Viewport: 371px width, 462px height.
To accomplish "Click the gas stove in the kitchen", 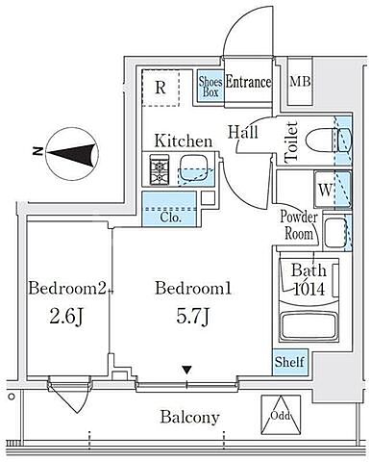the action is (x=160, y=169).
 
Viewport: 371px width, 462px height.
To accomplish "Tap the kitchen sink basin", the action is (x=193, y=169).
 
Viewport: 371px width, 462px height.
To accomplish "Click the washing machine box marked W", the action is (x=325, y=190).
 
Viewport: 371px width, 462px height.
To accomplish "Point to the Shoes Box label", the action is (x=210, y=87).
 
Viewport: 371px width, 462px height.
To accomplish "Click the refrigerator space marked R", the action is (x=161, y=88).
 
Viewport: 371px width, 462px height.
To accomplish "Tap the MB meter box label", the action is (x=300, y=82).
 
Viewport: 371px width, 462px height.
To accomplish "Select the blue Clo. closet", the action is (x=169, y=209).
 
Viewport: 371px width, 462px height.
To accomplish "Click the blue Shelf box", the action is (x=289, y=362).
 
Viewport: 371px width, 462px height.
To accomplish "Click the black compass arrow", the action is (x=72, y=155).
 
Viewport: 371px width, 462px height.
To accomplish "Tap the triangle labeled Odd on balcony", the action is (x=281, y=415).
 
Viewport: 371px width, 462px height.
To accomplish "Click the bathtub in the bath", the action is (x=309, y=324).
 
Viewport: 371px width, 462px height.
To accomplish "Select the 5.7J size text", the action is (x=193, y=317).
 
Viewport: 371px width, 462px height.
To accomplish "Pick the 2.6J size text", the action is (x=66, y=317).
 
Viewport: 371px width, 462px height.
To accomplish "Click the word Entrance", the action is (x=248, y=82).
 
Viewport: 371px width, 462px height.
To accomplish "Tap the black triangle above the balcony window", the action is (x=187, y=371).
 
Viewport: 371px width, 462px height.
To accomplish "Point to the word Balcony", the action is (x=190, y=417).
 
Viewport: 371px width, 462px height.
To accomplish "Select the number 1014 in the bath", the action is (x=309, y=290).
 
